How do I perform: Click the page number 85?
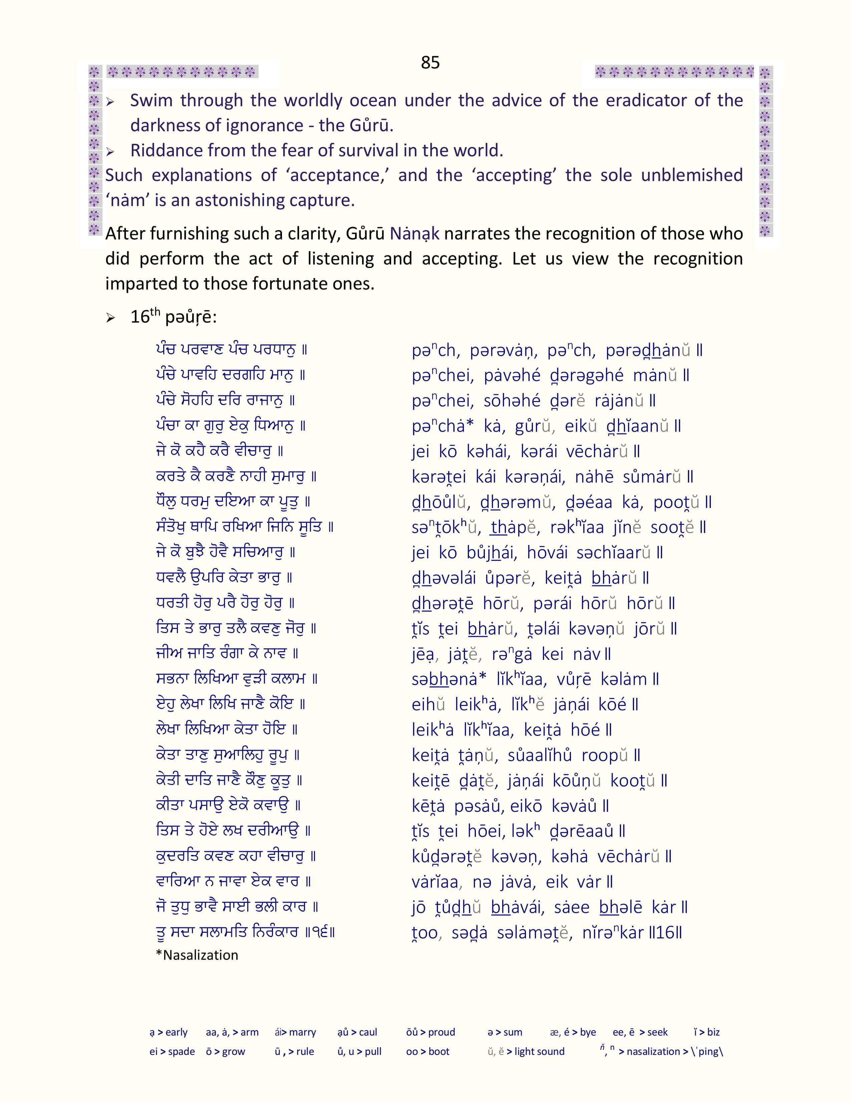pyautogui.click(x=430, y=62)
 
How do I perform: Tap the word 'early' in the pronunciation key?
pyautogui.click(x=177, y=1032)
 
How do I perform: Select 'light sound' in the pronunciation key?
pyautogui.click(x=539, y=1052)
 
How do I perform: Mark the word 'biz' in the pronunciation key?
pyautogui.click(x=713, y=1032)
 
